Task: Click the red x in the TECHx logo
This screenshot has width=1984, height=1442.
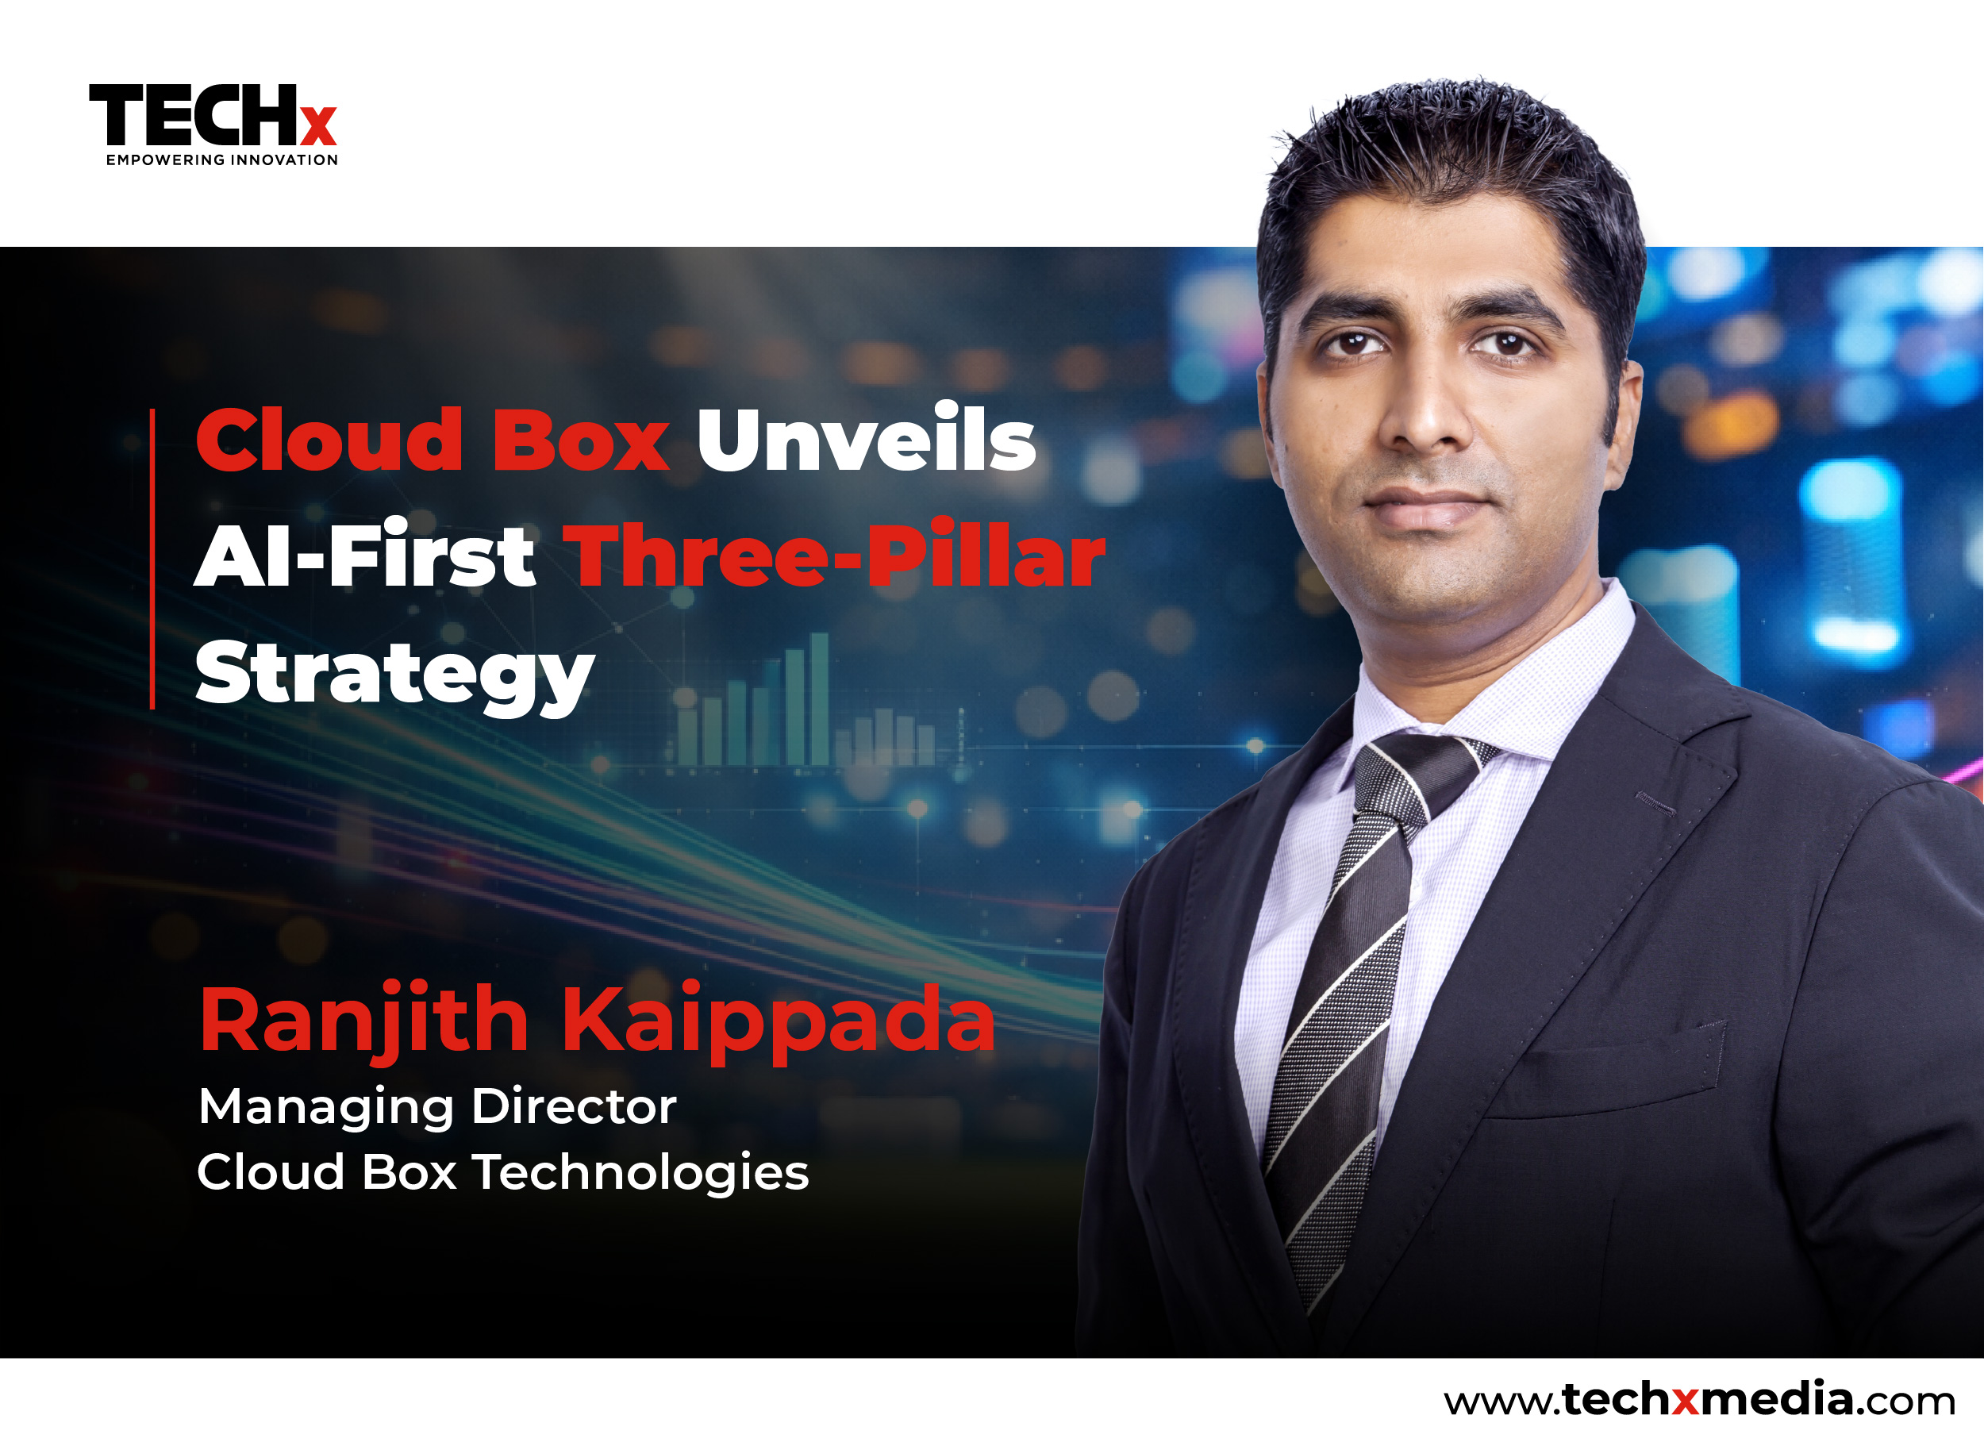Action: coord(318,126)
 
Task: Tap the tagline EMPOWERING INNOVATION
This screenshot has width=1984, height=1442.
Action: coord(222,160)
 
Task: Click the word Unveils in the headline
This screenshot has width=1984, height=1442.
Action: coord(866,438)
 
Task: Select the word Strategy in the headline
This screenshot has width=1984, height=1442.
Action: coord(394,675)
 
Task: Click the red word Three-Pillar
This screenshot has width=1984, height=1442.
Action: coord(835,555)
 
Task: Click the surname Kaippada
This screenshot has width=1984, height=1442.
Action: coord(779,1021)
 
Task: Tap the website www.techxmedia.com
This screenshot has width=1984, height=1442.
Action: coord(1699,1399)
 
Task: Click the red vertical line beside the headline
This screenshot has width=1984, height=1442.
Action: coord(152,558)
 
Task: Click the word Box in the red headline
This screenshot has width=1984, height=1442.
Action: coord(581,438)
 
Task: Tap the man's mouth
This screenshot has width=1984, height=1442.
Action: coord(1426,507)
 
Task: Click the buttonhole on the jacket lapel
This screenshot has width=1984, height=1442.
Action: coord(1655,803)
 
